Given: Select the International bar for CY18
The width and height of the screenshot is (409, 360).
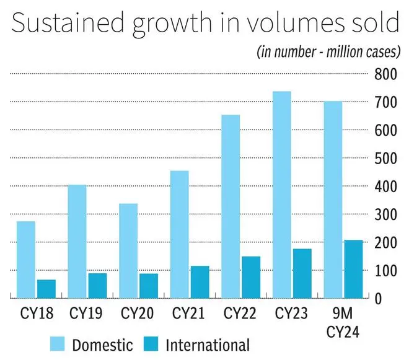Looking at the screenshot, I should click(x=46, y=289).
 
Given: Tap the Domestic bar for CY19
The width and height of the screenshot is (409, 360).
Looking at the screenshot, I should click(x=77, y=242).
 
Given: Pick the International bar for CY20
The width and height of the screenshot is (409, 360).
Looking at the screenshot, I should click(x=148, y=286).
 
